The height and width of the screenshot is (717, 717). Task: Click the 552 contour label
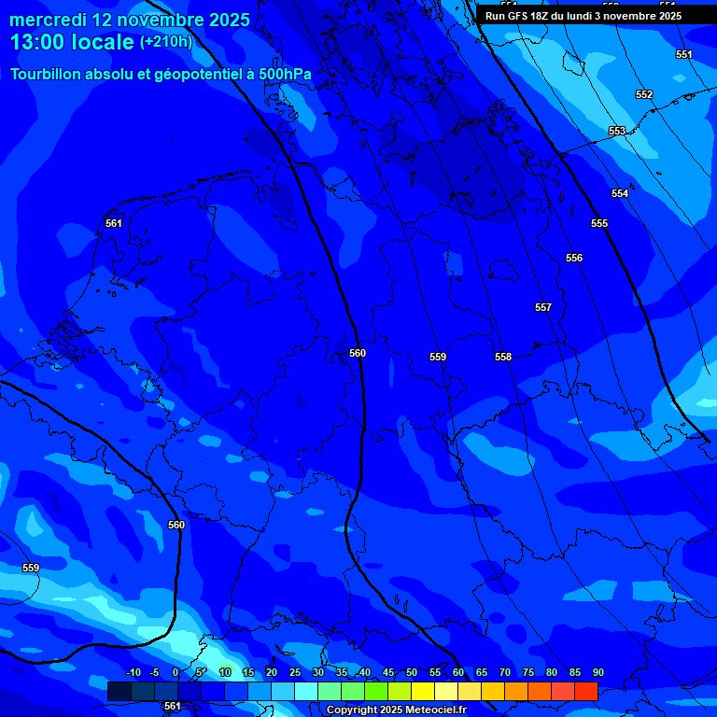(x=644, y=94)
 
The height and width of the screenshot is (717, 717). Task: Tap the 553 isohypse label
(x=617, y=131)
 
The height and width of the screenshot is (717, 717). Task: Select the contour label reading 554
(x=620, y=193)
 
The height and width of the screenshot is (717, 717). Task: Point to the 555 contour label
(x=599, y=223)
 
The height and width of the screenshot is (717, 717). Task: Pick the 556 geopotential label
(x=574, y=258)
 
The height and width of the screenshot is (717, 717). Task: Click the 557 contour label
(x=543, y=307)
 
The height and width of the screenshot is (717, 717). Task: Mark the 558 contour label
(x=503, y=357)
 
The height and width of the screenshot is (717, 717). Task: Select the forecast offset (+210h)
(x=165, y=42)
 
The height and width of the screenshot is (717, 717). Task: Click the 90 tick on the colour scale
(x=598, y=672)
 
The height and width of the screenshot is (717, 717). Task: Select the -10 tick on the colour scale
(x=133, y=672)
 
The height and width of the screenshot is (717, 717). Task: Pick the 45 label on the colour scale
(x=388, y=672)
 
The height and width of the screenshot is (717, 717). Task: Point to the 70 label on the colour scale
(x=505, y=672)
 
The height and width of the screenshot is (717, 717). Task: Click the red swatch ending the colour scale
(x=586, y=691)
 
